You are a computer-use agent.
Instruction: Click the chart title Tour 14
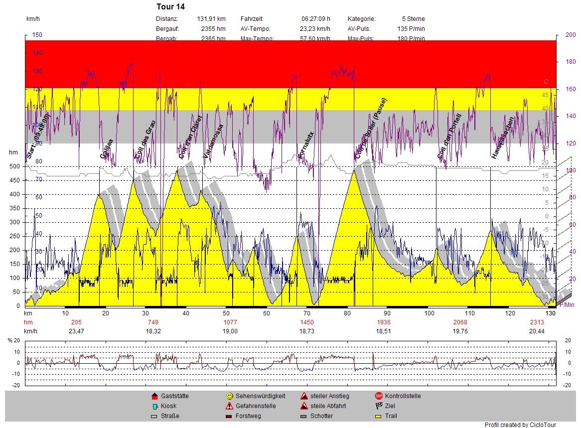tap(170, 6)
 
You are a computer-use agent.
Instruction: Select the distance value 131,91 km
tap(211, 19)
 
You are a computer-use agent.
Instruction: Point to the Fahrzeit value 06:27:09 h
tap(315, 19)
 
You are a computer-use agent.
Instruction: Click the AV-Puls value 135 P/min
tap(411, 29)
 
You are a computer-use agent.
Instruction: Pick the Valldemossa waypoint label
tap(213, 142)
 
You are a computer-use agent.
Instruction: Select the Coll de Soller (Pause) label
tap(371, 128)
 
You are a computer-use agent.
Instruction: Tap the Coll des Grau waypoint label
tap(145, 140)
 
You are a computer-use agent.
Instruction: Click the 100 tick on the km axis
tap(429, 313)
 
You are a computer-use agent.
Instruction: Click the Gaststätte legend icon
tap(154, 396)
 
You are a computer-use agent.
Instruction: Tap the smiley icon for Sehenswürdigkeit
tap(229, 396)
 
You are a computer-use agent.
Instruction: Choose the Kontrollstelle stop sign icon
tap(379, 396)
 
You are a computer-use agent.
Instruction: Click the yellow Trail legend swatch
tap(379, 416)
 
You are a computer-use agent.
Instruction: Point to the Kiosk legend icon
tap(154, 406)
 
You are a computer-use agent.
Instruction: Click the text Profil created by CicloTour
tap(520, 425)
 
